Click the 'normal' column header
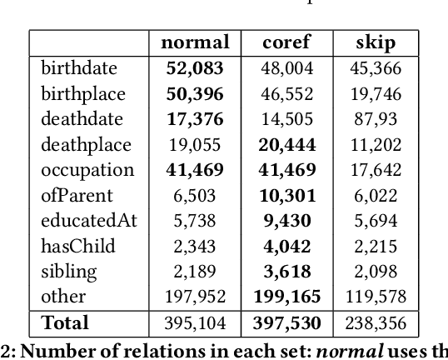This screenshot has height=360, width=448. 194,43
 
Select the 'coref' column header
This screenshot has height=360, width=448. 287,43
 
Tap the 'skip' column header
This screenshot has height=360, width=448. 375,43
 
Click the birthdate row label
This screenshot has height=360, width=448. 79,68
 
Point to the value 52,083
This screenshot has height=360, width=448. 195,68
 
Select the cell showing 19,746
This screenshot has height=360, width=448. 376,93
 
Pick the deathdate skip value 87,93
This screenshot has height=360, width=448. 376,119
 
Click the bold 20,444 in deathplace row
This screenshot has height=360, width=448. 287,145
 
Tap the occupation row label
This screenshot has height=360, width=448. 87,170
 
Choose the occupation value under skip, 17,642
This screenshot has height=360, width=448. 376,170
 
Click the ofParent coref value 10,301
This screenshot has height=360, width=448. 287,196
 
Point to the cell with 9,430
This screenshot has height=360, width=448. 287,221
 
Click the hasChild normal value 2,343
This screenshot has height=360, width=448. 195,247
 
